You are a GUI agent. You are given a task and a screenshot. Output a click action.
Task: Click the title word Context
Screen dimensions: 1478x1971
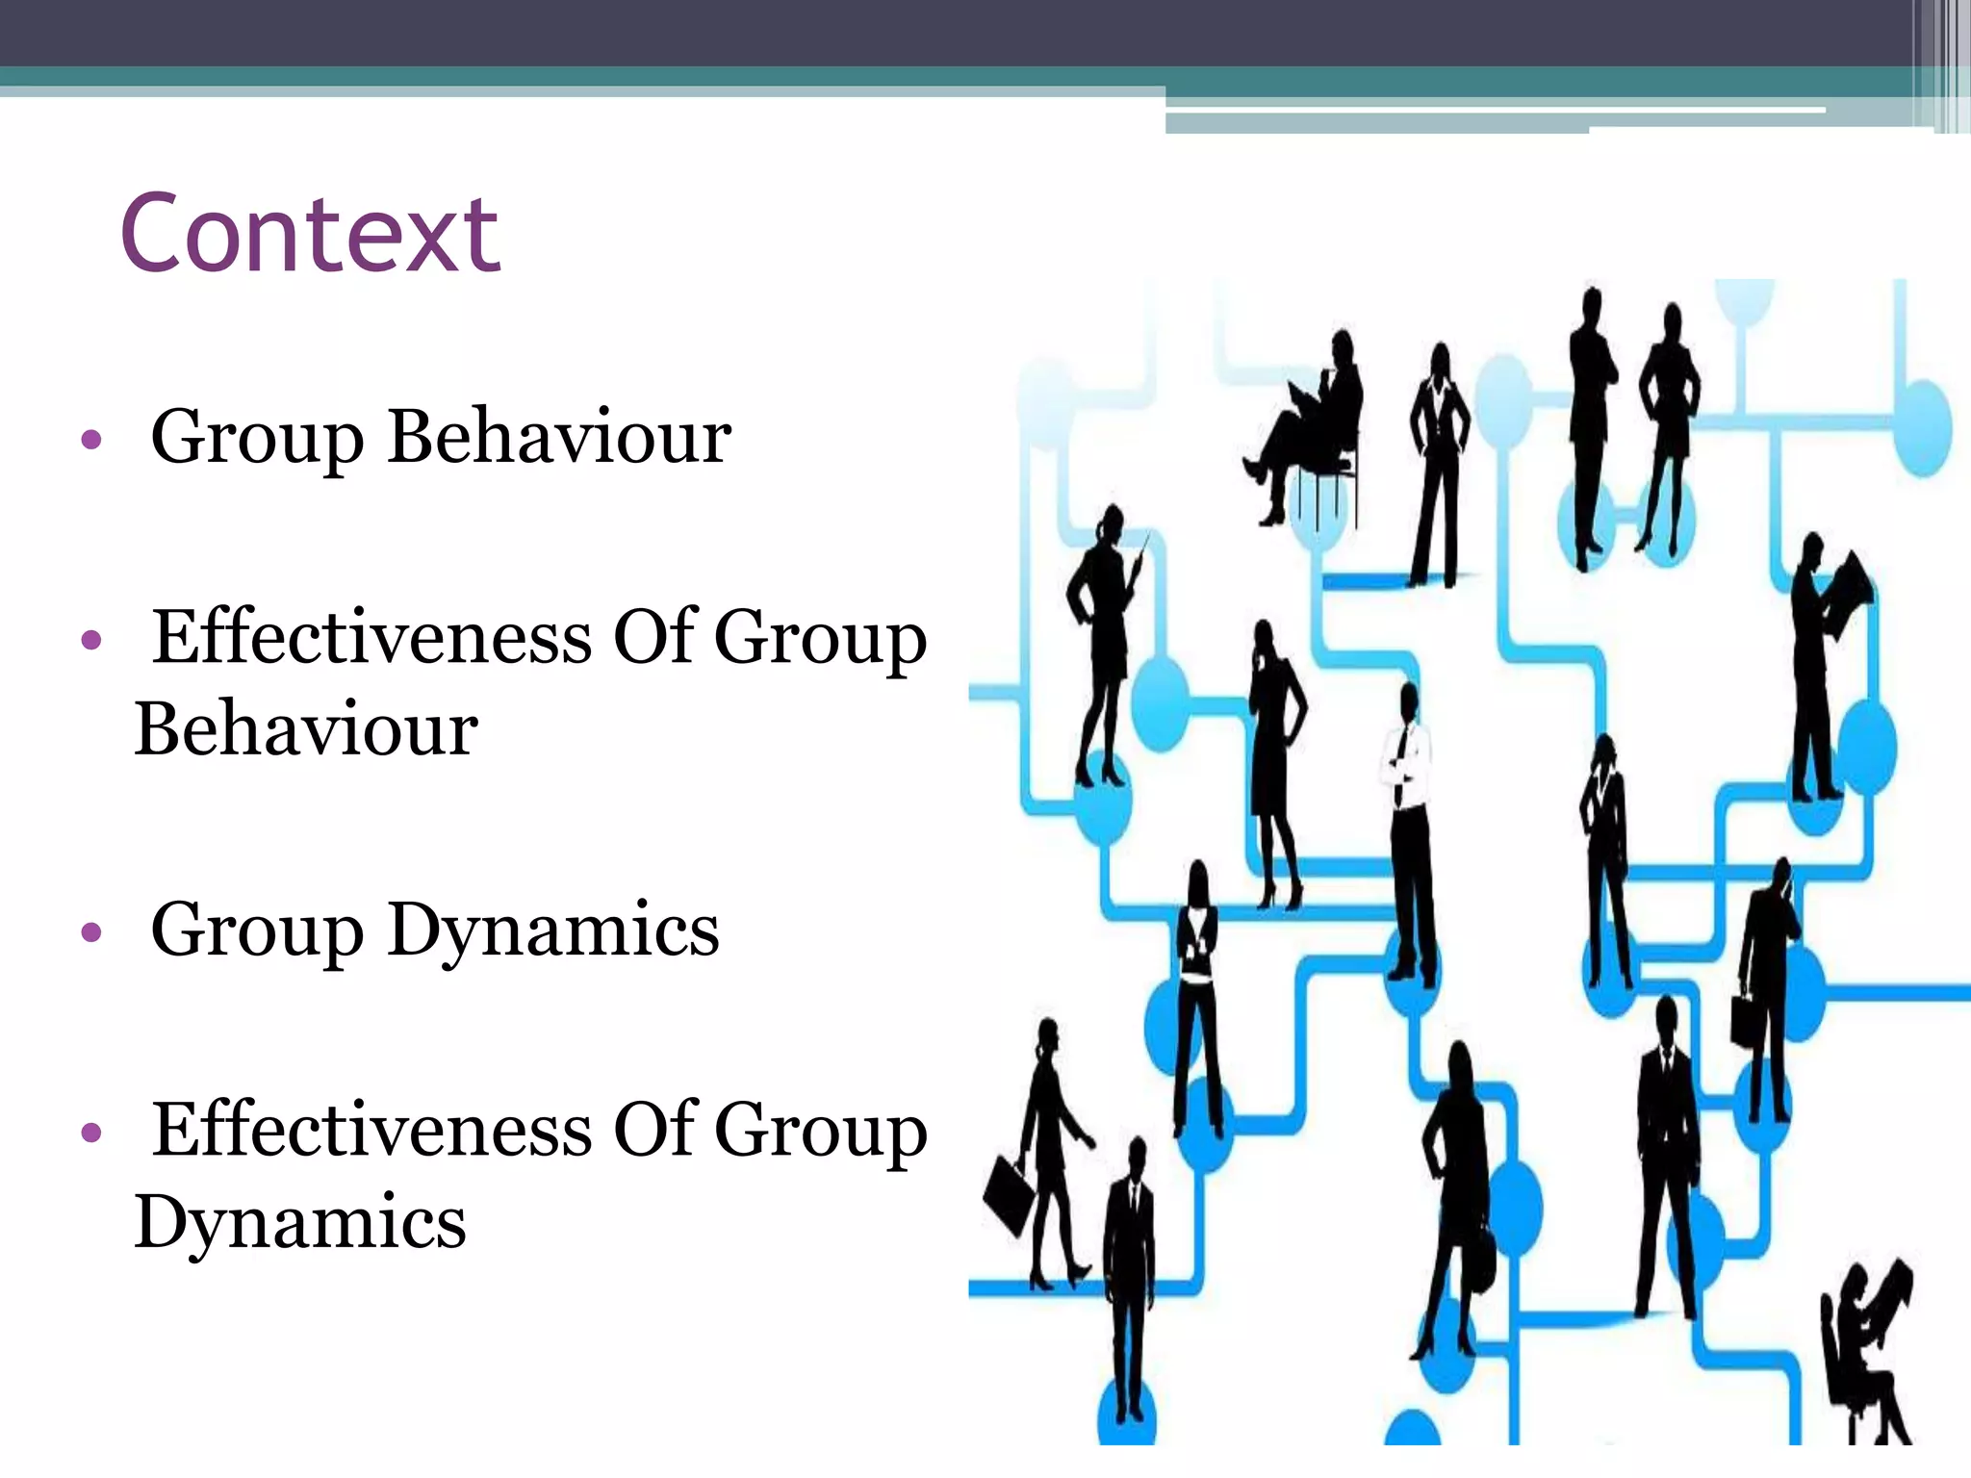point(310,234)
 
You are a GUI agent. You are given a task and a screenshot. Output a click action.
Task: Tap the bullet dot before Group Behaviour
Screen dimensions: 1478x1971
point(91,441)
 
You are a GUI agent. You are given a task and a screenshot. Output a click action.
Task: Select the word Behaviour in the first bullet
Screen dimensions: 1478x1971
point(559,438)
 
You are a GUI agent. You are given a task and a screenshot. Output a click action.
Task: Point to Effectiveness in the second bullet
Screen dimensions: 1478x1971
point(372,637)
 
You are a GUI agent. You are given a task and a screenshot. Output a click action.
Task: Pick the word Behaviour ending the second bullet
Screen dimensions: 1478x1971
point(306,729)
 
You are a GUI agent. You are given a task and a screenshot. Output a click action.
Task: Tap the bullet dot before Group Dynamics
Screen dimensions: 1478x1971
point(91,931)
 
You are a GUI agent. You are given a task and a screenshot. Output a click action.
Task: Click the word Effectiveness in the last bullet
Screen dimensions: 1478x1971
point(372,1129)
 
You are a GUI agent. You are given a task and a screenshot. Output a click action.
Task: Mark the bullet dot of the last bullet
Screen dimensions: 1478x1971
point(91,1133)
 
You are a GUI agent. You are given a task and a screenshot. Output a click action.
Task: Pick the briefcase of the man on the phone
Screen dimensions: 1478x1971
point(1748,1020)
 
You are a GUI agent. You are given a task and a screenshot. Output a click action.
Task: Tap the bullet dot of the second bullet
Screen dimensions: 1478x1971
point(91,640)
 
